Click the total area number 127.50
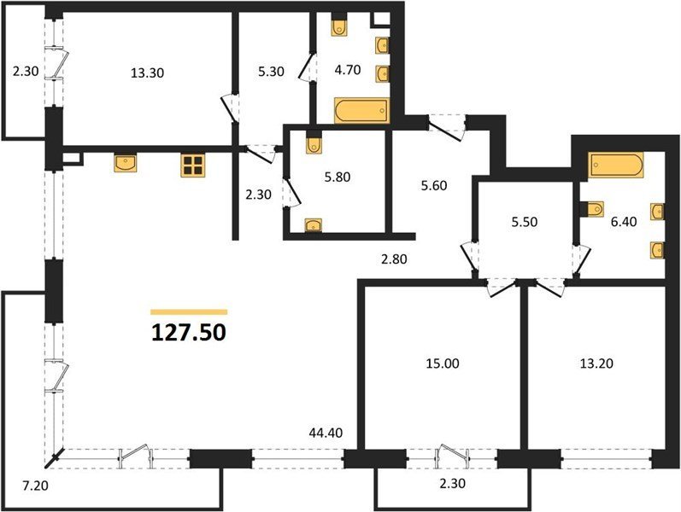189,333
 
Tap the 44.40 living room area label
326,433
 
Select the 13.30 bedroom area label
147,73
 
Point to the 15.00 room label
443,364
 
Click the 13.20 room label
596,364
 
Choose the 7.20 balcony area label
36,486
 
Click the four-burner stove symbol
193,166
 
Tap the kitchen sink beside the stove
126,163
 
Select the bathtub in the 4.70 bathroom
361,111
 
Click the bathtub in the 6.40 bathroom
615,165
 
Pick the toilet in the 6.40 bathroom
592,209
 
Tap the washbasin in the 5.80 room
313,225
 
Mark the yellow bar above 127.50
189,311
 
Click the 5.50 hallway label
525,222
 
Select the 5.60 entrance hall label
434,185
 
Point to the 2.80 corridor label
394,259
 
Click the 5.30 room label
271,71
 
